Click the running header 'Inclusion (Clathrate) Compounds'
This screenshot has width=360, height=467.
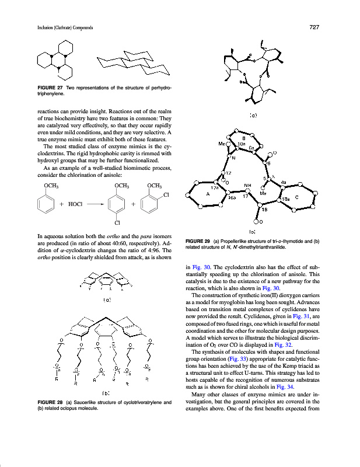tap(57, 27)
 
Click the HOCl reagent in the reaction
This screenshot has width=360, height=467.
tap(76, 204)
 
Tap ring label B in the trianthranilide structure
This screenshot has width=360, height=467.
tap(243, 138)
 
